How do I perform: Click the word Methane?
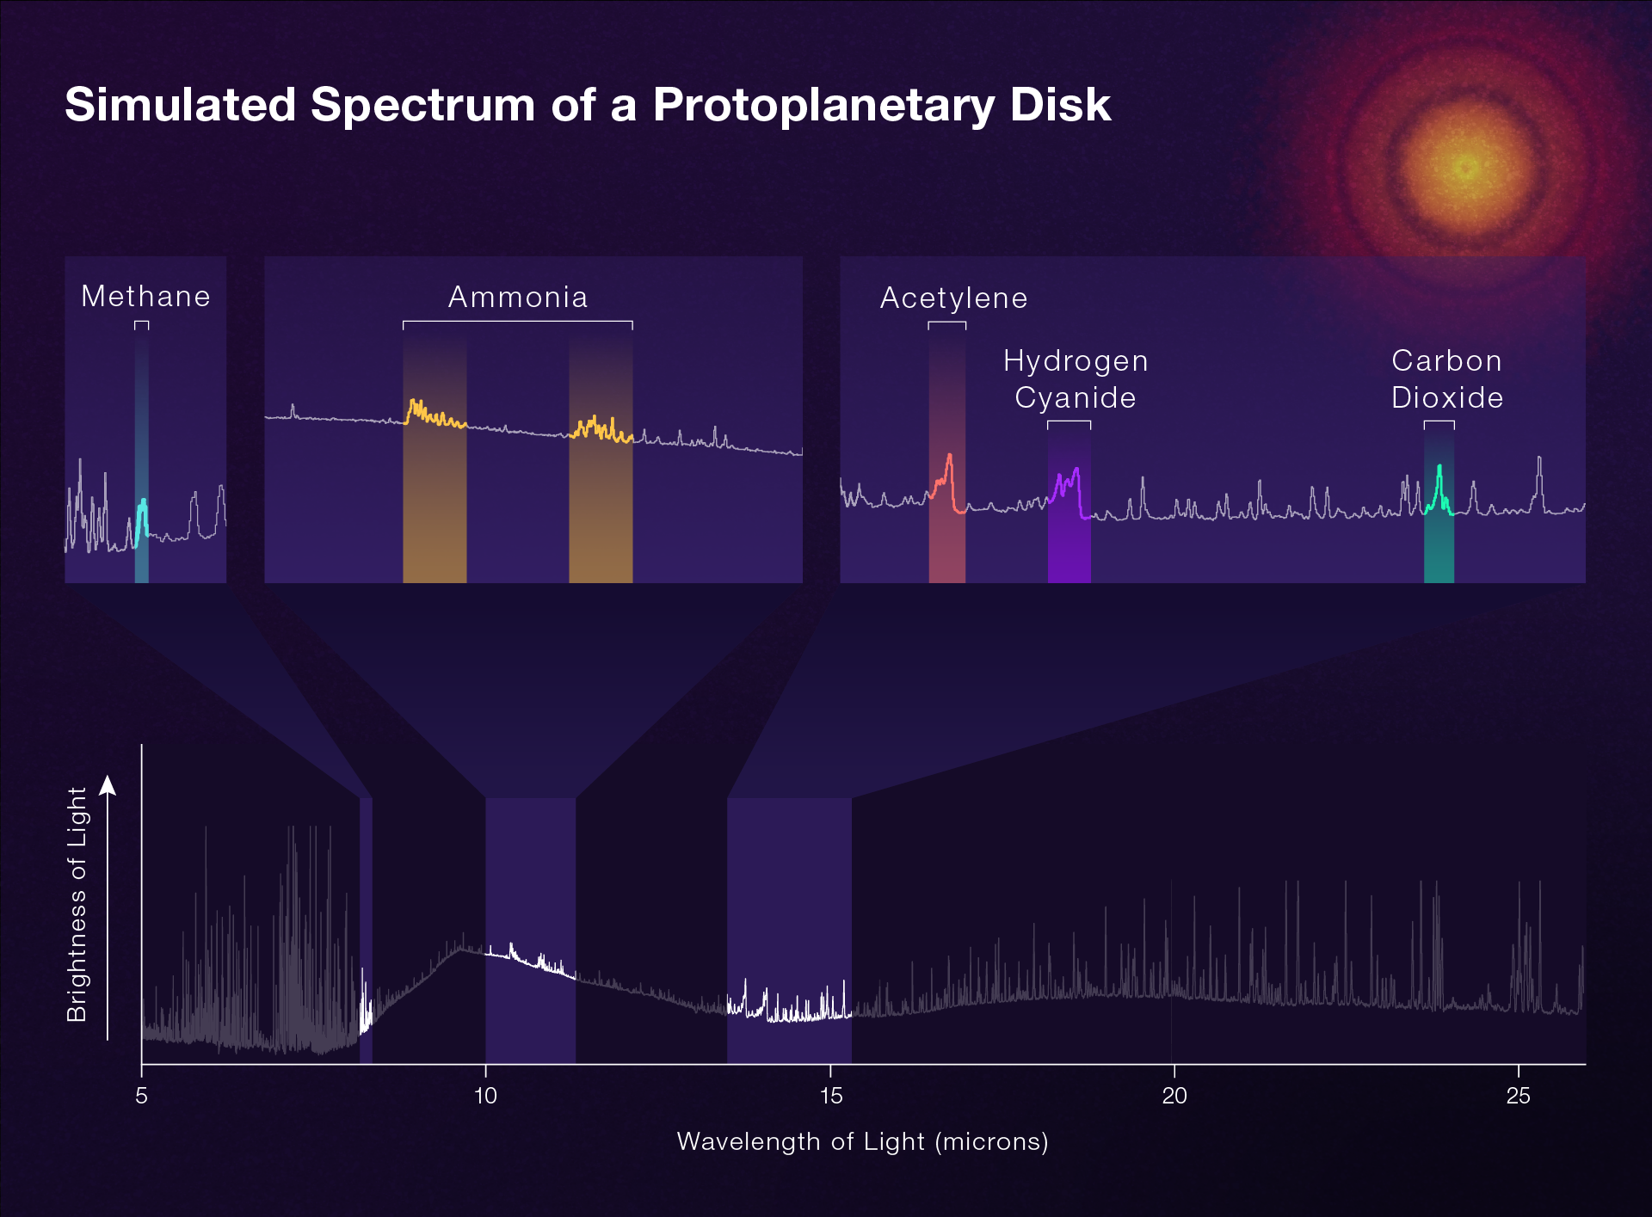tap(145, 296)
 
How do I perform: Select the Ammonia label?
tap(518, 297)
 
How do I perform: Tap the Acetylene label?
tap(953, 298)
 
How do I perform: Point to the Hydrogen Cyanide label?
tap(1076, 379)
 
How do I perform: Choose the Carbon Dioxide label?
tap(1447, 379)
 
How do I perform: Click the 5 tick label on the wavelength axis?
tap(142, 1096)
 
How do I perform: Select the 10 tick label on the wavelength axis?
tap(486, 1096)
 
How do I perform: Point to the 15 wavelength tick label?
tap(830, 1096)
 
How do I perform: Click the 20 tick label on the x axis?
tap(1174, 1096)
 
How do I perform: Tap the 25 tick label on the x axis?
tap(1519, 1096)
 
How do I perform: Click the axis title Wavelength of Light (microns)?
tap(862, 1141)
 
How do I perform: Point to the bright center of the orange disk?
tap(1467, 167)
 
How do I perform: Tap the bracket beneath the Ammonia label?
tap(518, 322)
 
